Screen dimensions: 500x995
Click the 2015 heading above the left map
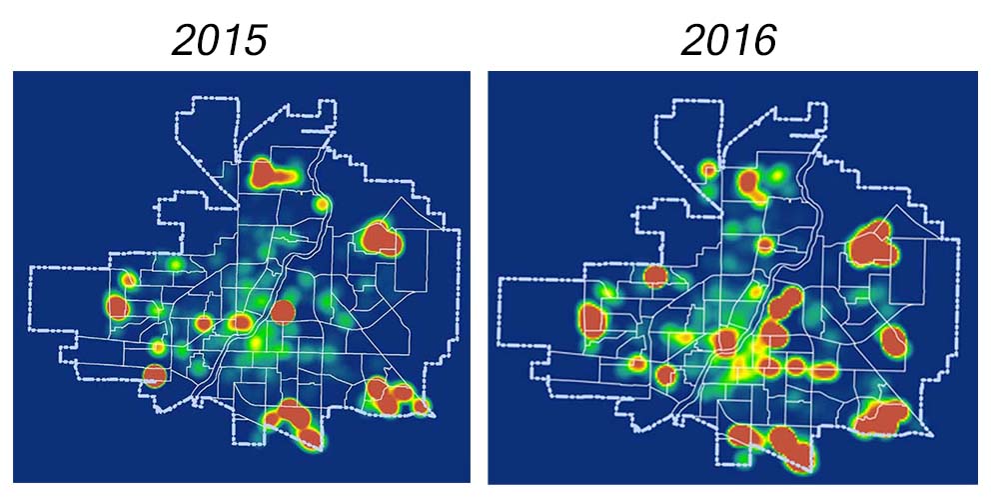(x=219, y=40)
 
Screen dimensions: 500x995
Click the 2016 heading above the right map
(x=730, y=40)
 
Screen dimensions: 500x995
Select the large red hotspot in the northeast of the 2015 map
(x=380, y=239)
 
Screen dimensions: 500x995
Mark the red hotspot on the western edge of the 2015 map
(x=118, y=307)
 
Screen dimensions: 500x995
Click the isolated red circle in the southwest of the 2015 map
(x=154, y=376)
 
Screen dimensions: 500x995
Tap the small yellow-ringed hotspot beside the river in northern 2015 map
(x=321, y=204)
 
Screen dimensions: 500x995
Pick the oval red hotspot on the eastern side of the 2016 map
(x=892, y=341)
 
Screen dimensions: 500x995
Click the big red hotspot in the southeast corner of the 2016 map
(x=880, y=417)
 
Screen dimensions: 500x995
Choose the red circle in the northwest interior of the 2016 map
(x=655, y=277)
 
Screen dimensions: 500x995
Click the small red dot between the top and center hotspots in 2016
(x=765, y=244)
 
